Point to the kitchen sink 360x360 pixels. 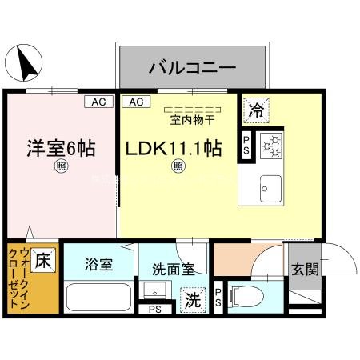click(266, 190)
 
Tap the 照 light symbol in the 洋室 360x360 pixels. click(61, 166)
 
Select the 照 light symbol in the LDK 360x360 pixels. click(179, 166)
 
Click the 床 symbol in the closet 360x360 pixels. click(44, 260)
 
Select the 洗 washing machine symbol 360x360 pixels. click(193, 301)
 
